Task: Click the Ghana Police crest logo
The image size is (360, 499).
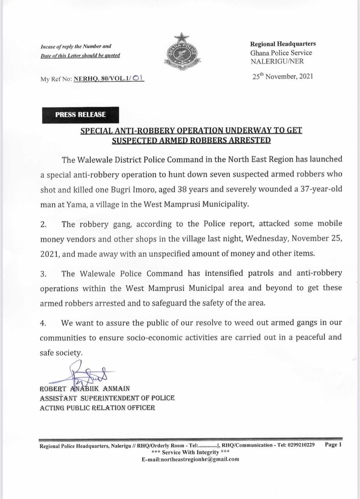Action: pyautogui.click(x=180, y=53)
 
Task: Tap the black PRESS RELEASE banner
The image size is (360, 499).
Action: pyautogui.click(x=80, y=115)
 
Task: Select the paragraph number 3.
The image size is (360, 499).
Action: pyautogui.click(x=44, y=274)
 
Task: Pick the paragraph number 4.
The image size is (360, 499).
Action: pyautogui.click(x=44, y=324)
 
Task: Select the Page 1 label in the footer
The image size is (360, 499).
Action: pyautogui.click(x=333, y=445)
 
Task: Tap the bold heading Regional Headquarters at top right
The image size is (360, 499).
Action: pyautogui.click(x=283, y=44)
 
